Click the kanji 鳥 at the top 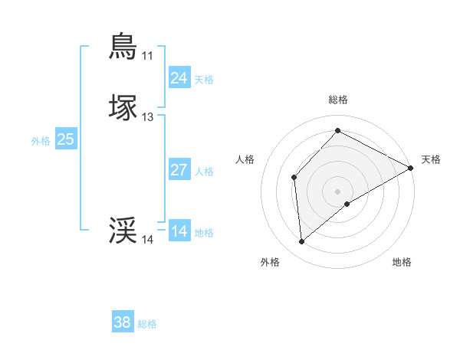tap(123, 46)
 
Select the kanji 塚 tap(123, 107)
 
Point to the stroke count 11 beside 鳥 tap(147, 56)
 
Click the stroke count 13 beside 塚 tap(147, 117)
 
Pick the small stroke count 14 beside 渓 tap(147, 240)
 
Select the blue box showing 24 tap(179, 77)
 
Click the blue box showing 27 tap(179, 170)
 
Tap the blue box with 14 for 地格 tap(179, 231)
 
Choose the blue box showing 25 tap(65, 139)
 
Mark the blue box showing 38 tap(122, 322)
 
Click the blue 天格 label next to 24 tap(204, 79)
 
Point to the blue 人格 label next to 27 tap(204, 172)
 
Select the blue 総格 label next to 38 tap(147, 324)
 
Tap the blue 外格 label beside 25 tap(41, 141)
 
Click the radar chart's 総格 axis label tap(337, 100)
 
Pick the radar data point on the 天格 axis tap(411, 169)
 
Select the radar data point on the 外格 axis tap(302, 242)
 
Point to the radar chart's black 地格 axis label tap(402, 262)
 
